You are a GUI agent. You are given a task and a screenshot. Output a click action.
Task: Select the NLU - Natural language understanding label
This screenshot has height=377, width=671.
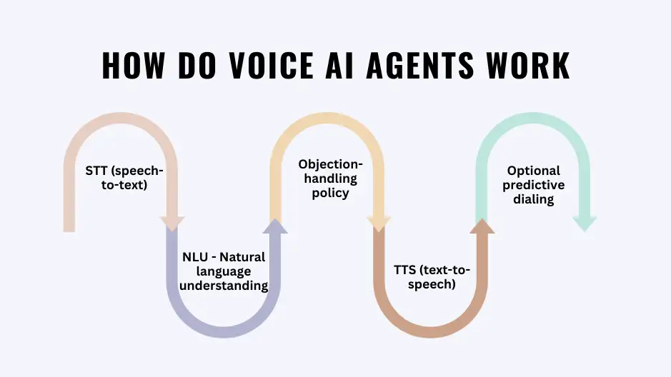pos(224,271)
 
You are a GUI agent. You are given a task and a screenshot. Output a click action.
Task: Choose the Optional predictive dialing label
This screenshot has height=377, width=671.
pos(533,185)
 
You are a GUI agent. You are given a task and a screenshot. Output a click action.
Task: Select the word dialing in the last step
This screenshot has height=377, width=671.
pos(533,199)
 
